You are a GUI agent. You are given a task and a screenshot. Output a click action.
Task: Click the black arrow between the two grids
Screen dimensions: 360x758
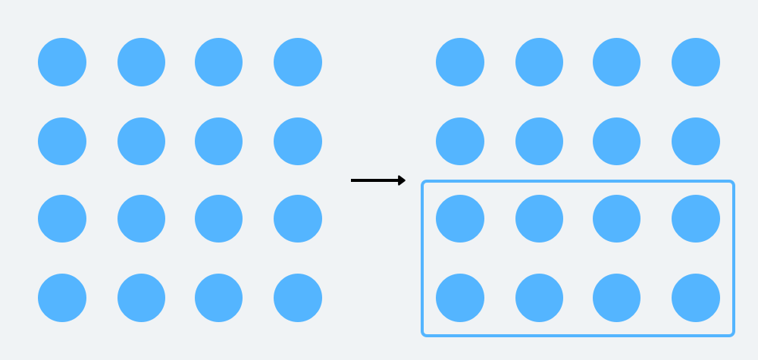378,180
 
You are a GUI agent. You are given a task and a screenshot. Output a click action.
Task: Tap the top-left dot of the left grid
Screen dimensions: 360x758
62,62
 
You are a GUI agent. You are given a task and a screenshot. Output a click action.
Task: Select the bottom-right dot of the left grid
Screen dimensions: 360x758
298,298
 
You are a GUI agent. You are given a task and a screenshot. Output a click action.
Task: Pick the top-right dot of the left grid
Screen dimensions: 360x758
298,62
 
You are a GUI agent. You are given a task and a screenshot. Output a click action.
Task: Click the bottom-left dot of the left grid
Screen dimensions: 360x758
62,298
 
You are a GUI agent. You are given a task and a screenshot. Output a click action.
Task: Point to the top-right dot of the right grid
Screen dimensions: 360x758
696,62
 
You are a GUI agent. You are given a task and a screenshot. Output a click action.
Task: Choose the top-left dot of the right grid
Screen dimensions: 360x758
460,62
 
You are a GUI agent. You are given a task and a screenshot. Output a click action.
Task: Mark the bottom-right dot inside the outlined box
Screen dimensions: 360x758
696,298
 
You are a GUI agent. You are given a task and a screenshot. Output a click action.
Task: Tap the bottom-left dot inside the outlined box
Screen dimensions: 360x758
460,298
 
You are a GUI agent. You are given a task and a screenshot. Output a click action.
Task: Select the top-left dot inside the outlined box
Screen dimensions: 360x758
460,219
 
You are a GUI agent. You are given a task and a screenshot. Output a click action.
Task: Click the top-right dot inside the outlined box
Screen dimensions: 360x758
696,219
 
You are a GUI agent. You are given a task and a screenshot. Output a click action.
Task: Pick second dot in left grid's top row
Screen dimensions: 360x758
141,62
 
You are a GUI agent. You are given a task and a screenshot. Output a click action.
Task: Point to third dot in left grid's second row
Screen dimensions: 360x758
219,141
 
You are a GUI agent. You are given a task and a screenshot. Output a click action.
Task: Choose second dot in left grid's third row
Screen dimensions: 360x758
141,219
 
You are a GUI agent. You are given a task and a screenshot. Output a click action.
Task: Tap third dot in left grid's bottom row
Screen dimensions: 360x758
219,298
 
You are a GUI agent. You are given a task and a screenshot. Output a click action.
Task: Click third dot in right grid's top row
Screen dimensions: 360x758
617,62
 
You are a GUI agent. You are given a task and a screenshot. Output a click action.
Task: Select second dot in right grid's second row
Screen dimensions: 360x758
539,141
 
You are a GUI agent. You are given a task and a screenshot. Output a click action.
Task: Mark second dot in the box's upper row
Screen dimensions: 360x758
539,219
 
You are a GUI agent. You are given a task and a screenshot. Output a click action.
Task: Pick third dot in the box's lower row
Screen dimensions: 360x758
617,298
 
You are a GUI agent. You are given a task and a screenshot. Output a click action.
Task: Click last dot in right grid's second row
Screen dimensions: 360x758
696,141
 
